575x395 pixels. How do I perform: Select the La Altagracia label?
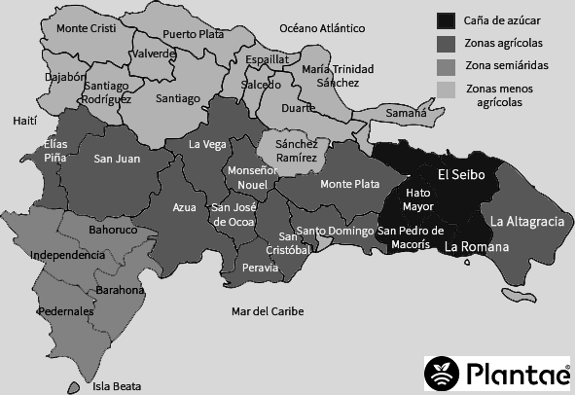pos(527,222)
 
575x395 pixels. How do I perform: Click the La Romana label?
pos(477,247)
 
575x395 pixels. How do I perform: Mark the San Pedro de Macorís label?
pos(411,237)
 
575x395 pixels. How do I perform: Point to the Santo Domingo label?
pos(335,231)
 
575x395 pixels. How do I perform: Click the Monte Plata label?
pos(349,183)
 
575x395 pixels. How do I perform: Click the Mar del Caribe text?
pos(268,311)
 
